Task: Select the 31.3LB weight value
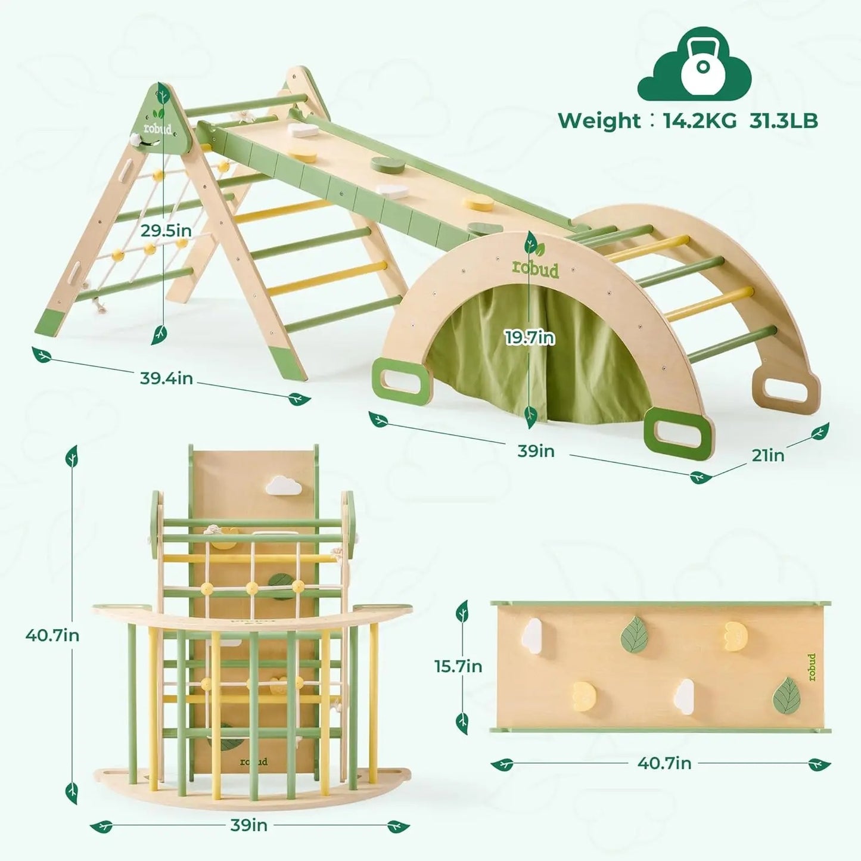783,120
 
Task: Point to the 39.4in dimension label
166,378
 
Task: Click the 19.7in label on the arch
530,338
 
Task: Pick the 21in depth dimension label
767,455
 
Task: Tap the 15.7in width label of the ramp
458,666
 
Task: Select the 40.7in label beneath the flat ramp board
664,763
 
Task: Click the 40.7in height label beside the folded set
52,635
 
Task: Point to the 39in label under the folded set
248,825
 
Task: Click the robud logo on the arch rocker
536,269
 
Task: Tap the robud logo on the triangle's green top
158,129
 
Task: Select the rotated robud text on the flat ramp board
812,667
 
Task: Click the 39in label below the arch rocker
536,451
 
